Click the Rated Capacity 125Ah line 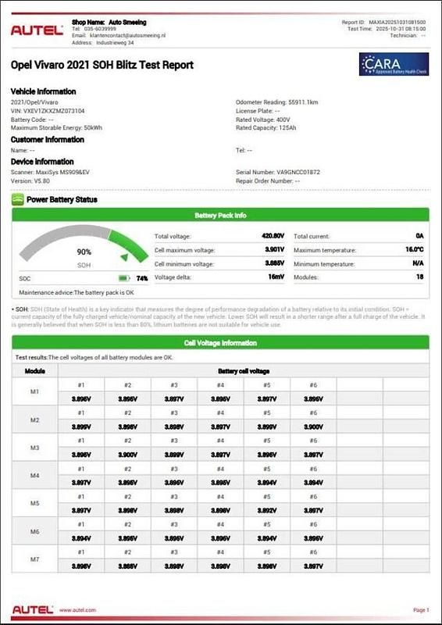pos(266,127)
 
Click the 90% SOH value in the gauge pos(84,252)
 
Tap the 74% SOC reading pos(141,278)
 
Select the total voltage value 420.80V pos(273,235)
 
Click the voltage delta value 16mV pos(276,277)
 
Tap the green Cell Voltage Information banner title pos(220,342)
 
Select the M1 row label pos(34,391)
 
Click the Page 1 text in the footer pos(419,609)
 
